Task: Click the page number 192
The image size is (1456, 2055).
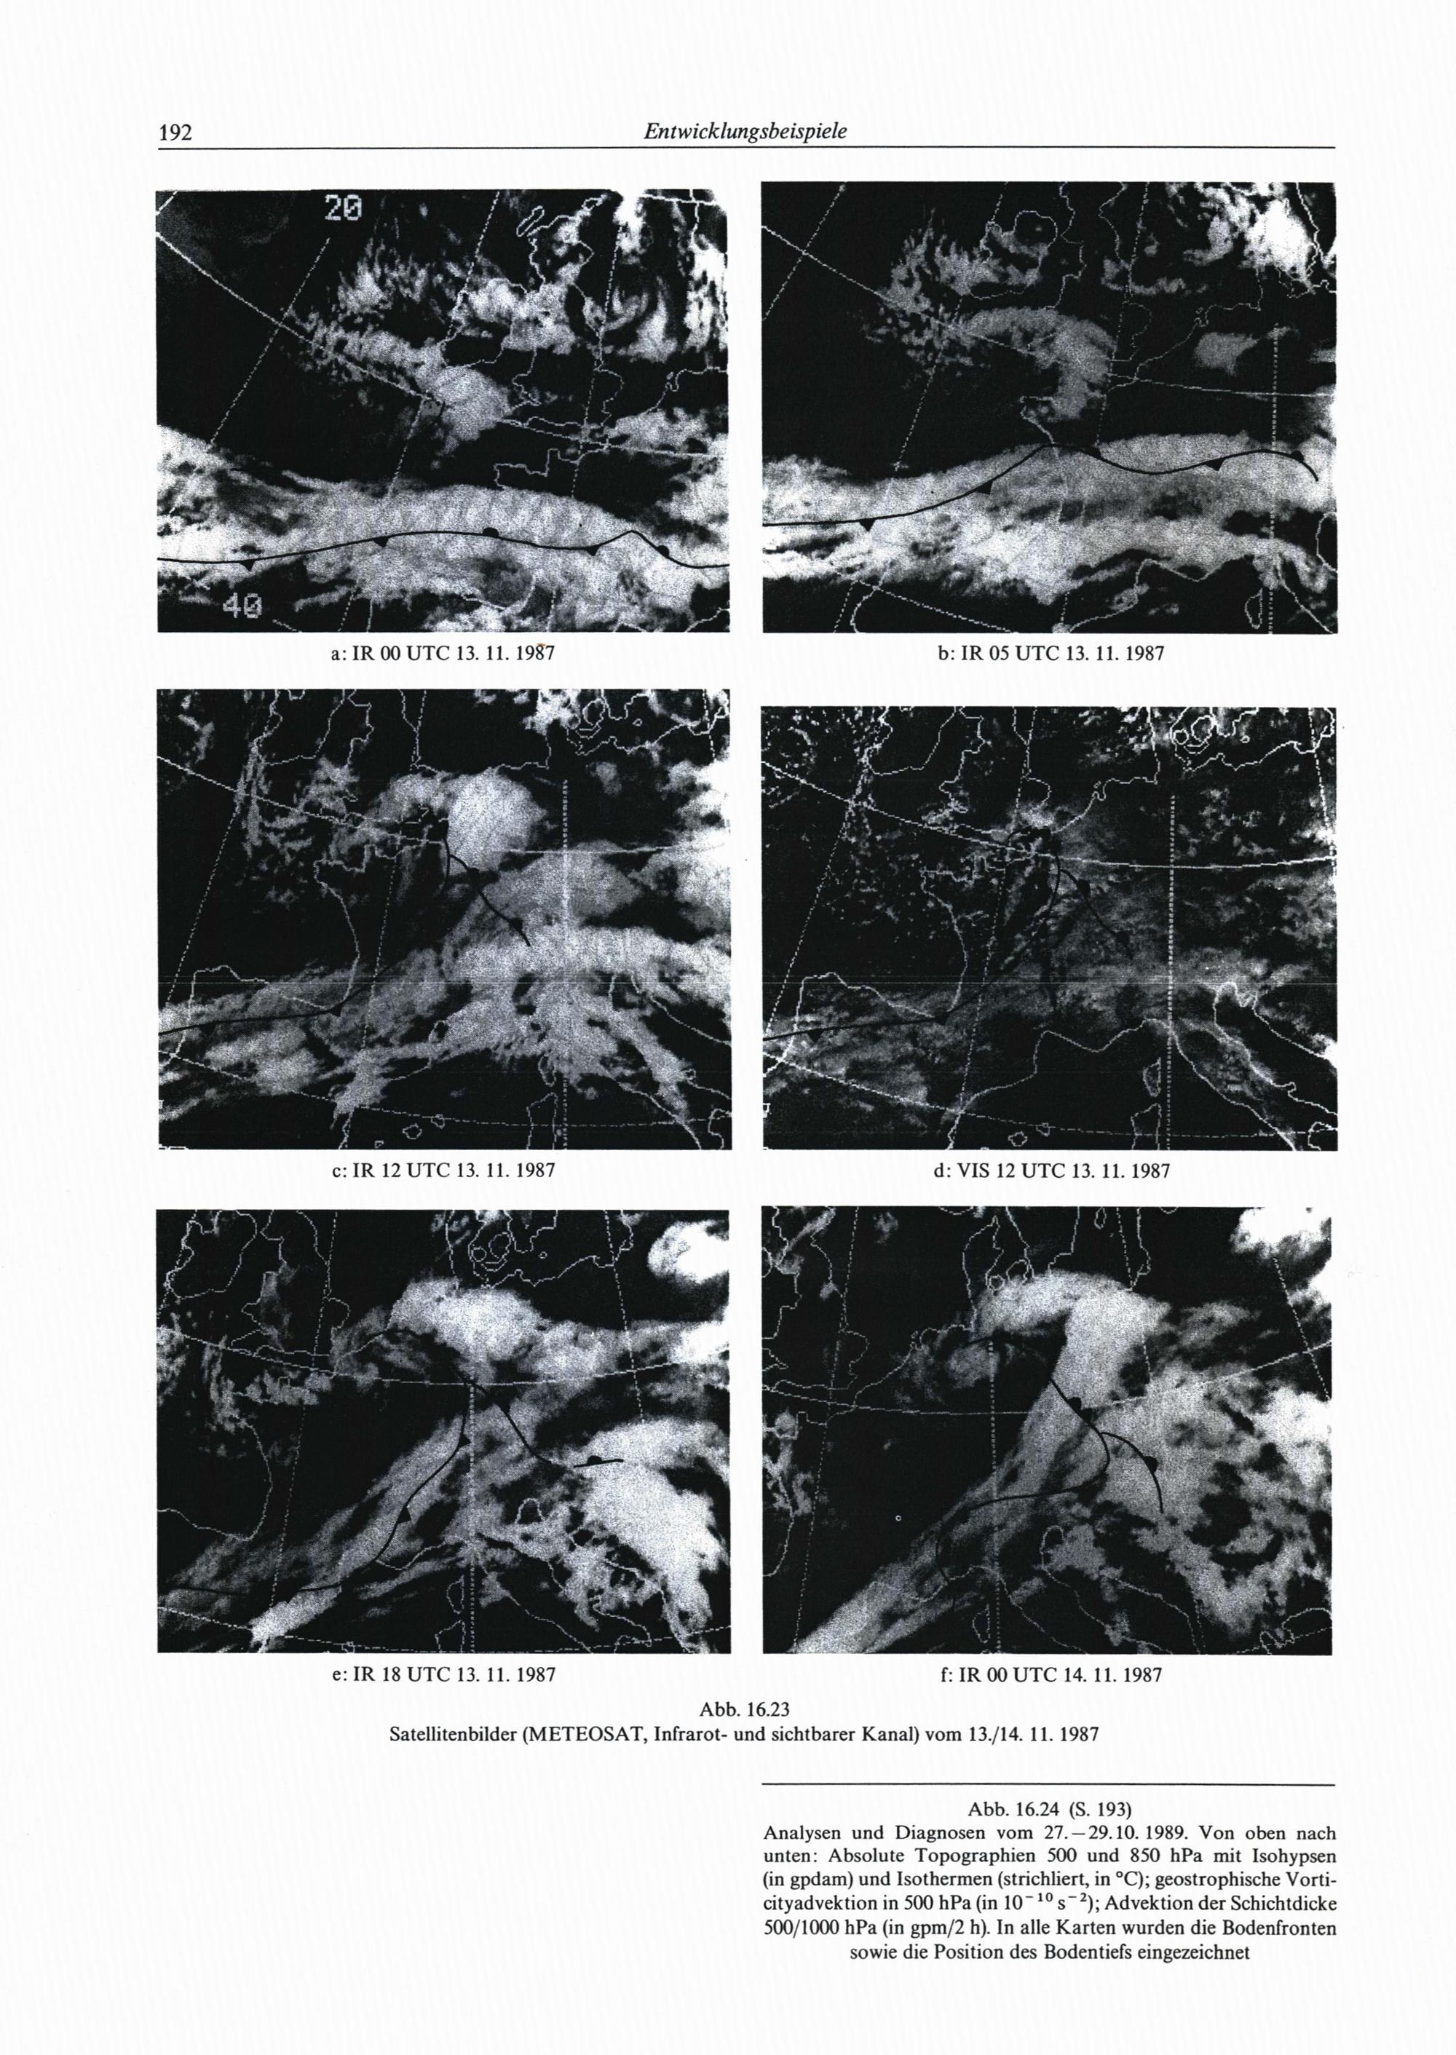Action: [x=175, y=134]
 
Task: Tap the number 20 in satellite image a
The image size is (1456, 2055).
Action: [x=344, y=210]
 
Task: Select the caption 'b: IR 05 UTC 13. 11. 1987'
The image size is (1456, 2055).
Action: [x=1050, y=654]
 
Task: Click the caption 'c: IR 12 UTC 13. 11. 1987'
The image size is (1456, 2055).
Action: [x=444, y=1171]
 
